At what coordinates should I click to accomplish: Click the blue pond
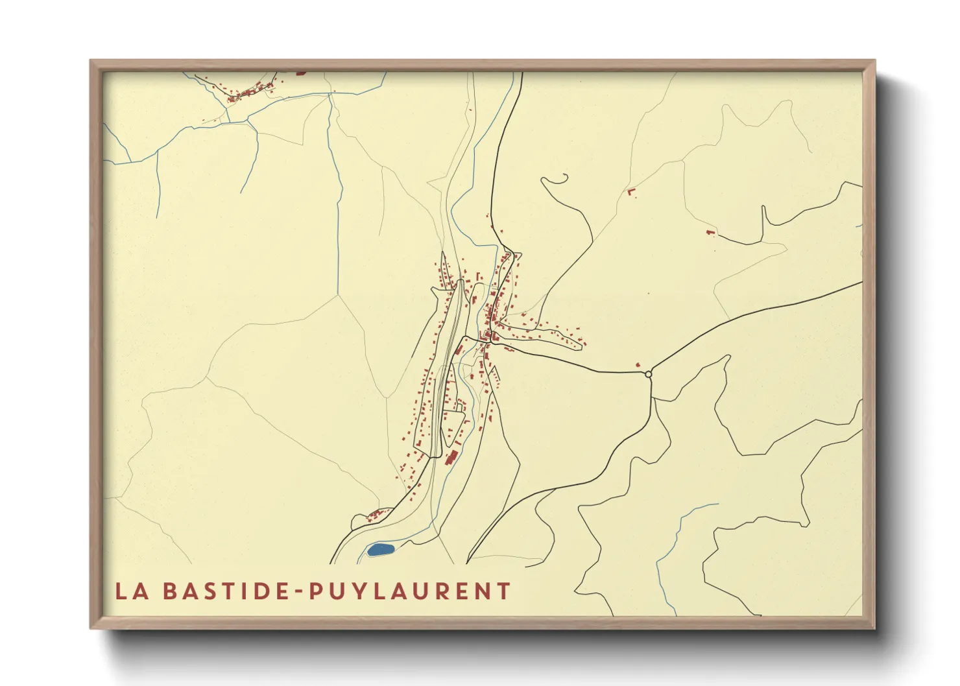[381, 550]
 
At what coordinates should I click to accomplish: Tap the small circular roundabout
[648, 373]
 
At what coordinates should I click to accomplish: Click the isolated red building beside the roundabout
[638, 366]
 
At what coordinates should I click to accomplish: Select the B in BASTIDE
[169, 591]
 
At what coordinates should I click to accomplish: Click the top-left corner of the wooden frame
[91, 61]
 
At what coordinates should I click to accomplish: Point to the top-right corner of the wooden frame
[874, 61]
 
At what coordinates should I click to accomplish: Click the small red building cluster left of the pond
[374, 516]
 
